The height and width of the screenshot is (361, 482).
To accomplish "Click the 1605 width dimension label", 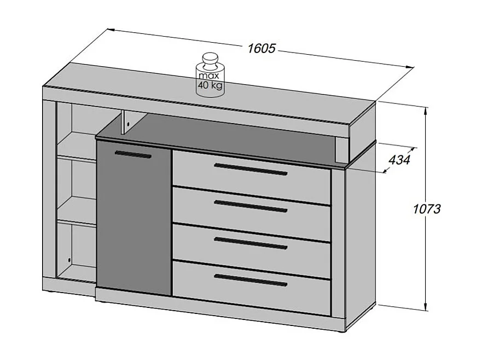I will click(261, 49).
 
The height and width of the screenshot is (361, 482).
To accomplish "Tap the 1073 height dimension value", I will click(427, 208).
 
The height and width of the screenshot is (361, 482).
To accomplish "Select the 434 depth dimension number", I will click(399, 159).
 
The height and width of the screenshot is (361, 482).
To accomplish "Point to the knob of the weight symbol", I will click(210, 59).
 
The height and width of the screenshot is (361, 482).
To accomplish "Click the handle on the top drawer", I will click(251, 169).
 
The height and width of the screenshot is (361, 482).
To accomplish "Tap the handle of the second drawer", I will click(251, 206).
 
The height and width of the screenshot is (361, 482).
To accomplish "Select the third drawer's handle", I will click(251, 243).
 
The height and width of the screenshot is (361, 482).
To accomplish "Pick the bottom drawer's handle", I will click(251, 280).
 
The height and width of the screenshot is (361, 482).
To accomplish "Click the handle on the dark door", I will click(133, 155).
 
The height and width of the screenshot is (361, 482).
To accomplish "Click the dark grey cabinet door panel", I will click(134, 219).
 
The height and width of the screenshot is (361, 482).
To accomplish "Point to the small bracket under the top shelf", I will click(126, 121).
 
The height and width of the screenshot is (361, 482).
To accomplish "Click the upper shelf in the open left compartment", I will click(77, 158).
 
